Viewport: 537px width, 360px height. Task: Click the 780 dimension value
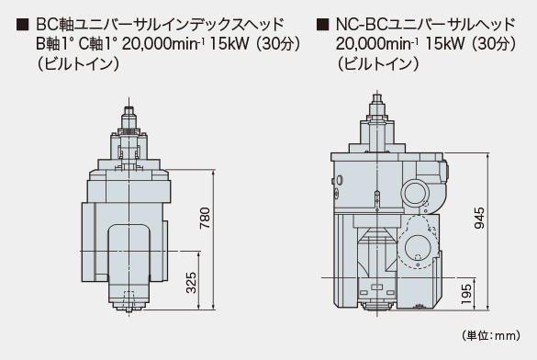205,218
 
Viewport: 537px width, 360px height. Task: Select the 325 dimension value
190,283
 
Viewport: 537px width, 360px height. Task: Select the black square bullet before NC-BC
321,22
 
